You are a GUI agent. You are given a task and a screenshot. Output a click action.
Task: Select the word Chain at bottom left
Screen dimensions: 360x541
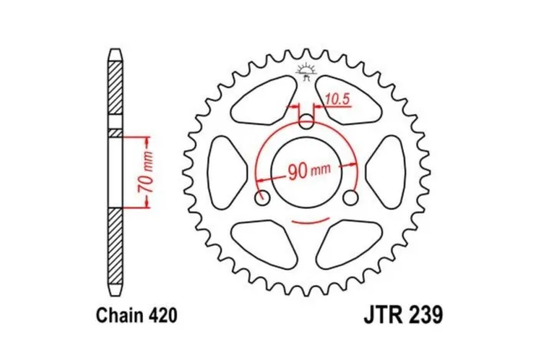116,315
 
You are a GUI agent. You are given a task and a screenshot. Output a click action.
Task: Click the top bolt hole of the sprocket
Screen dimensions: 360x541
306,121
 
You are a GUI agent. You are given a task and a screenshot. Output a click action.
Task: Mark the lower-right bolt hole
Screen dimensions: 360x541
351,199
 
